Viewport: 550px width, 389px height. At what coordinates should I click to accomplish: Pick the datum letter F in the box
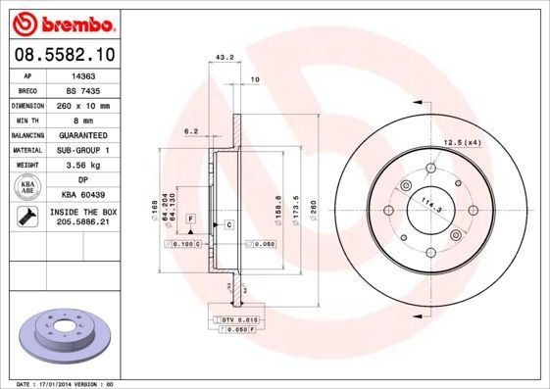point(190,218)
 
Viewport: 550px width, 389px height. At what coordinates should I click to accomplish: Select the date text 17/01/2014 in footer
point(58,383)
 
